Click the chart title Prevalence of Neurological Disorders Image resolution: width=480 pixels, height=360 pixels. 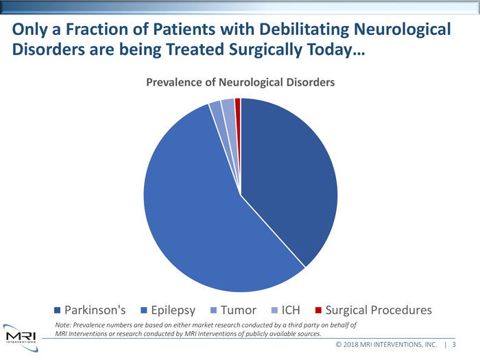coord(240,82)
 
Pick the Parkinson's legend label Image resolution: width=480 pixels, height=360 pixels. coord(95,310)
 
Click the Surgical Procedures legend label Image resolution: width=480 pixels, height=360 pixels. coord(378,310)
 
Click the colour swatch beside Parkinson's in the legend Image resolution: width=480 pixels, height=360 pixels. coord(57,310)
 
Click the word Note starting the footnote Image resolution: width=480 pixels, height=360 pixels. coord(63,325)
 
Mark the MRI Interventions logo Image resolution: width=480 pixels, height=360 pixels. coord(20,336)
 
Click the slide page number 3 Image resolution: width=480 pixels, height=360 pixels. coord(455,344)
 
